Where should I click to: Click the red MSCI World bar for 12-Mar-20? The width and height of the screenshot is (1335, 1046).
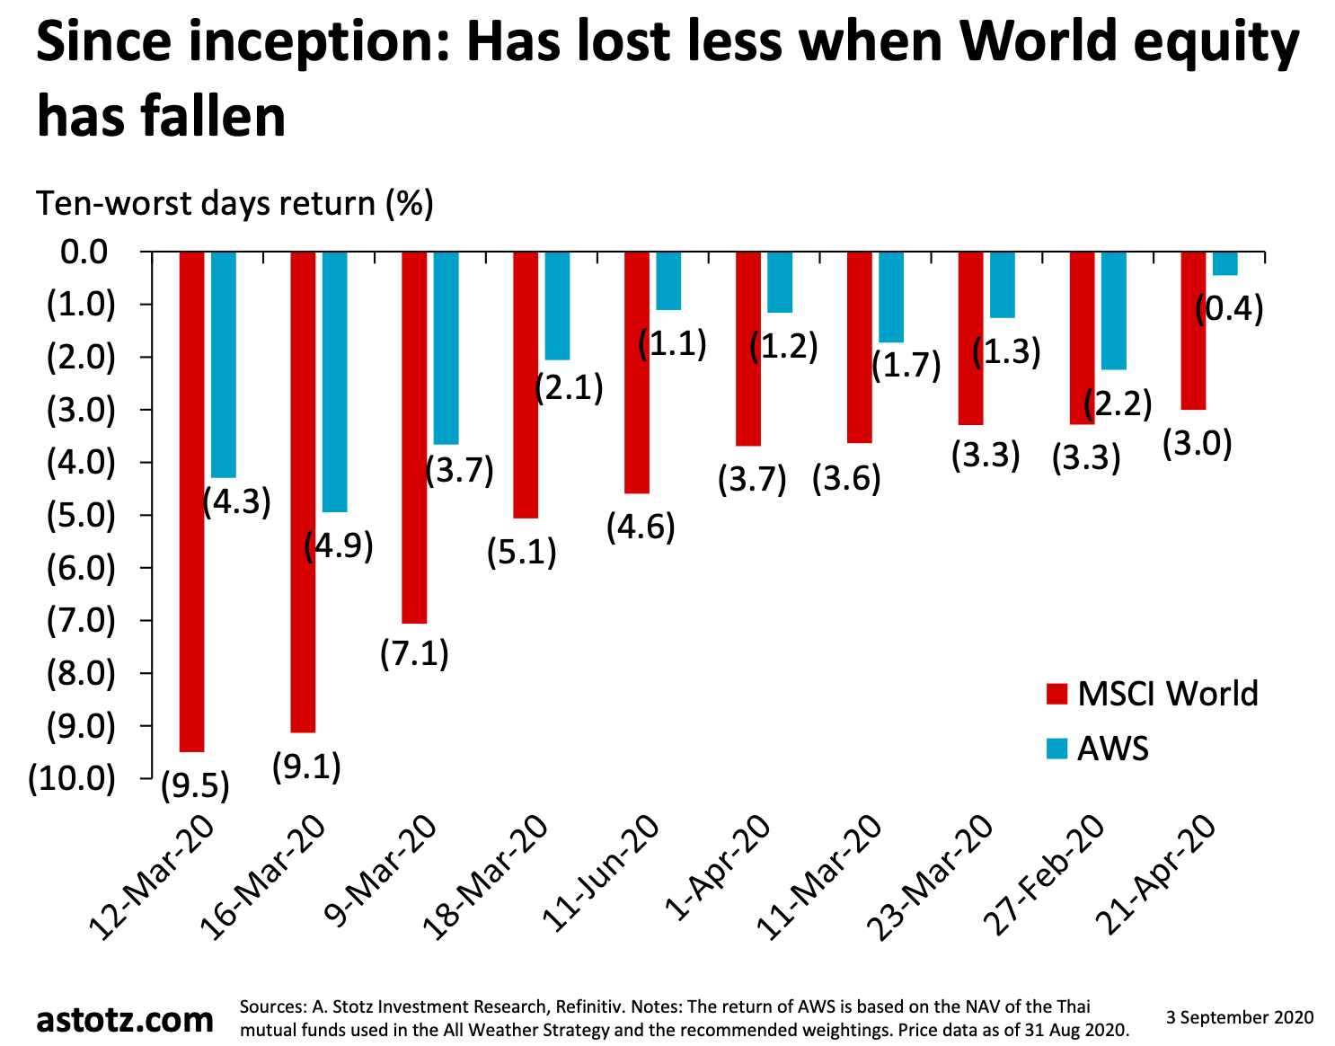pyautogui.click(x=191, y=501)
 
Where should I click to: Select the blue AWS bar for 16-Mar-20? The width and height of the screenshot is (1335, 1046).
pyautogui.click(x=334, y=381)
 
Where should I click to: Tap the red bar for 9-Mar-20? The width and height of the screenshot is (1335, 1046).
pyautogui.click(x=414, y=437)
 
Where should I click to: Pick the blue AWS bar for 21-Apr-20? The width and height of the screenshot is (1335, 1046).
pyautogui.click(x=1224, y=263)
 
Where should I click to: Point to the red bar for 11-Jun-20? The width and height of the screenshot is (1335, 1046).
pyautogui.click(x=637, y=372)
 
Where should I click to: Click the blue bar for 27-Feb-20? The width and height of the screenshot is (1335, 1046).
pyautogui.click(x=1113, y=310)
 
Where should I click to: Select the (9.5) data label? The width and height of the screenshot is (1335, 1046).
pyautogui.click(x=195, y=786)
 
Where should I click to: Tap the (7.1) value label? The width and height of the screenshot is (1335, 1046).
pyautogui.click(x=414, y=653)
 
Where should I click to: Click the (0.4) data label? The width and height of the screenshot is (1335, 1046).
pyautogui.click(x=1229, y=309)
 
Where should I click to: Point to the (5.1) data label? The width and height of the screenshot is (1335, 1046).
pyautogui.click(x=522, y=551)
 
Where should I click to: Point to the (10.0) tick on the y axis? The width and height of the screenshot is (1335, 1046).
pyautogui.click(x=72, y=778)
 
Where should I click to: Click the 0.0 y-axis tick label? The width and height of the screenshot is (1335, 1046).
pyautogui.click(x=84, y=252)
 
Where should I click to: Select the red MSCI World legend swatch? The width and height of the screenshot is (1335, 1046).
pyautogui.click(x=1057, y=695)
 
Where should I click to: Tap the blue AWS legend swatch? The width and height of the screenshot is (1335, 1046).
pyautogui.click(x=1057, y=748)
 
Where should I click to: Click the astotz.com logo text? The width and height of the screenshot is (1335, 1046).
pyautogui.click(x=125, y=1019)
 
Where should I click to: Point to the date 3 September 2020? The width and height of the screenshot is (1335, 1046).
pyautogui.click(x=1240, y=1017)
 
